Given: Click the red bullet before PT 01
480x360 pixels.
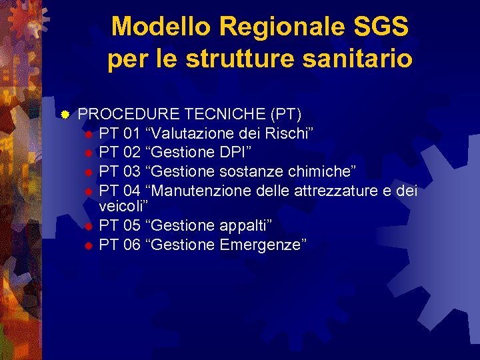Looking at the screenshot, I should (88, 133).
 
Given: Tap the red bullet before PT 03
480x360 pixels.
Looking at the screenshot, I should (88, 172).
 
